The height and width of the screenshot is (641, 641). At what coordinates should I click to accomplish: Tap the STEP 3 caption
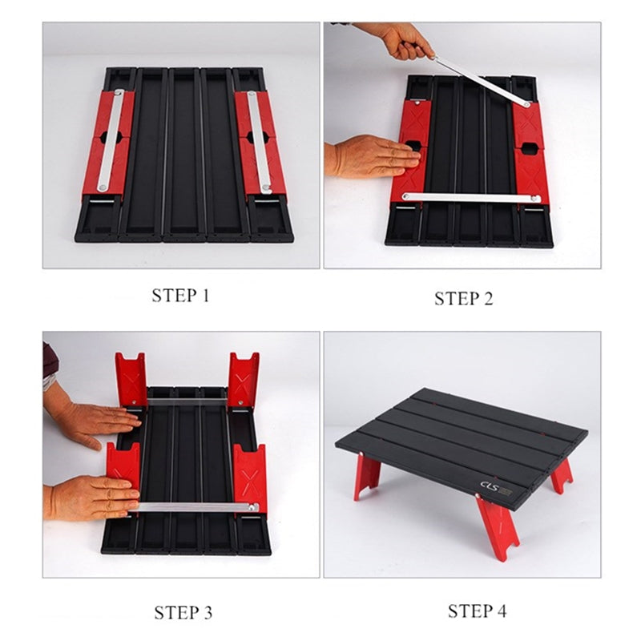coord(183,613)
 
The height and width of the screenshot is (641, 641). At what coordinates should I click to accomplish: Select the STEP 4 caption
coord(477,611)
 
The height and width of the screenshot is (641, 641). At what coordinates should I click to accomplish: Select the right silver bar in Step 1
coord(259,142)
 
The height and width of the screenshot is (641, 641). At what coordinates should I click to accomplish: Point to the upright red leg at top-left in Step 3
coord(131,378)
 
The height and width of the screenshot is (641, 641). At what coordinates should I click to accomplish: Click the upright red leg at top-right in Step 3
coord(243,378)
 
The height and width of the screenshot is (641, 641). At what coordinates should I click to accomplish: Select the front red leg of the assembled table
coord(497,525)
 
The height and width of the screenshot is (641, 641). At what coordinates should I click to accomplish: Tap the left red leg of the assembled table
coord(368,474)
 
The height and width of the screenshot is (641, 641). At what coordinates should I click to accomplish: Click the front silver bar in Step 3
coord(196,506)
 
